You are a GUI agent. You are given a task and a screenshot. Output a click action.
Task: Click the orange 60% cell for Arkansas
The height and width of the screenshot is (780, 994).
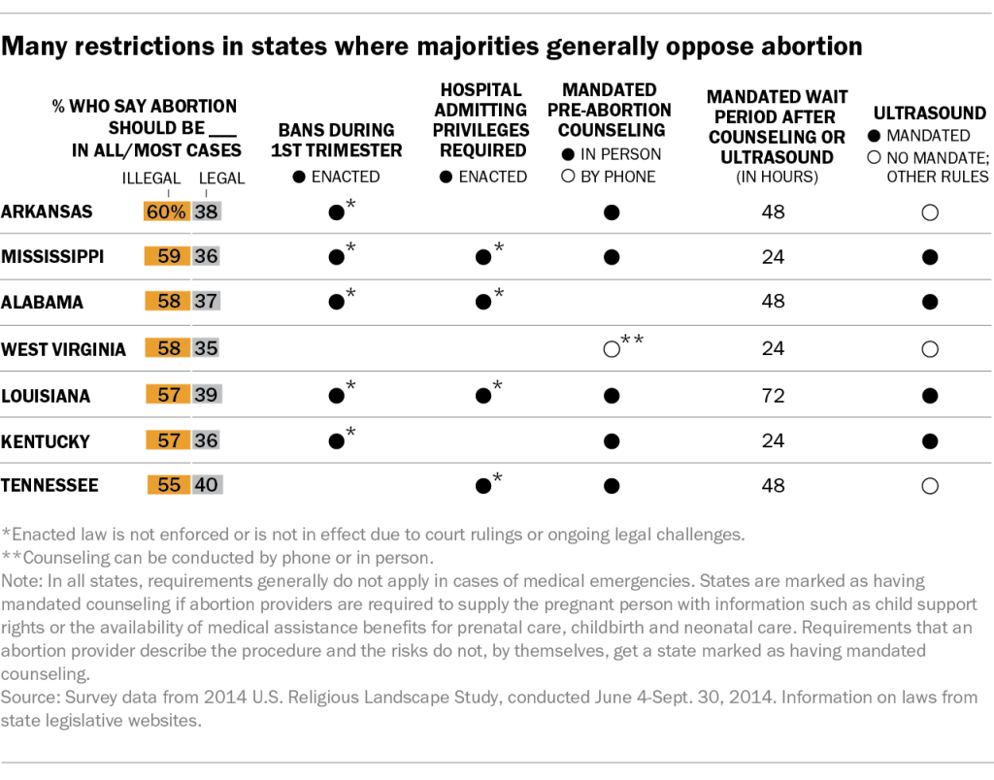coord(167,211)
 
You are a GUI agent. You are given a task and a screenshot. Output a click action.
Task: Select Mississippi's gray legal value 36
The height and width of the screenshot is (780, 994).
coord(206,256)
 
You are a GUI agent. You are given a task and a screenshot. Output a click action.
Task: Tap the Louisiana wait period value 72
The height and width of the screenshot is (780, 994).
coord(773,396)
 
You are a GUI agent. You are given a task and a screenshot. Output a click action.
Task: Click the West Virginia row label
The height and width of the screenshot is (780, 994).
coord(63,349)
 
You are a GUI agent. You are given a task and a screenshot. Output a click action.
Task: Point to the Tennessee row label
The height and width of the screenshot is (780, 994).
coord(50,485)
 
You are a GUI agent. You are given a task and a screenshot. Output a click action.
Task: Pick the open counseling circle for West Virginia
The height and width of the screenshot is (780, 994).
coord(612,349)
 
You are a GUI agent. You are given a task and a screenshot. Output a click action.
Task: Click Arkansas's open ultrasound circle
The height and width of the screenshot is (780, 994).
coord(930,212)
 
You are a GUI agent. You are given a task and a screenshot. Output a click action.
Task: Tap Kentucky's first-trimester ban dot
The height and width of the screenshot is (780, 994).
coord(337,441)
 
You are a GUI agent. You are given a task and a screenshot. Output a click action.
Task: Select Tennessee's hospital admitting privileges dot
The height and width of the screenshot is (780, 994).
coord(483,486)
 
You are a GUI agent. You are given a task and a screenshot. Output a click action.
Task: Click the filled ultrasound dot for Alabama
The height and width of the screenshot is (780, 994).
coord(930,302)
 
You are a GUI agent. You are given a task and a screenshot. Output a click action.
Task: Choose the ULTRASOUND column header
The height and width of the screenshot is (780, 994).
coord(929,113)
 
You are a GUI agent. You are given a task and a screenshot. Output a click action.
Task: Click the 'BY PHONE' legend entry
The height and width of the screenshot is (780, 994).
coord(608,177)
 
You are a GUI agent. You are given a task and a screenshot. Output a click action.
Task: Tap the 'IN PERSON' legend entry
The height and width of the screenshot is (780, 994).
coord(612,154)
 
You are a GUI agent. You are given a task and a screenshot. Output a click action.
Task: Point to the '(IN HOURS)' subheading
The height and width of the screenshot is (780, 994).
coord(778,177)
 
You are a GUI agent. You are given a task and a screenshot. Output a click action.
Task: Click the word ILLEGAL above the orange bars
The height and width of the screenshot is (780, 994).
coord(151,179)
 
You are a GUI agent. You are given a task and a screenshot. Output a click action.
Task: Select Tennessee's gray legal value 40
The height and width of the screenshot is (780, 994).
coord(207,485)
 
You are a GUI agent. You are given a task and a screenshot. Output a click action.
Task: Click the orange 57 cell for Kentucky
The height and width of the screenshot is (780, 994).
coord(168,439)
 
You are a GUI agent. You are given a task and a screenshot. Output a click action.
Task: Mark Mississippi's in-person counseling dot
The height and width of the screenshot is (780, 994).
coord(612,257)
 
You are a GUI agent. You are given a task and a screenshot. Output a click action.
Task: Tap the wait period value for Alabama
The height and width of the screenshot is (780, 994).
coord(773,301)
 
